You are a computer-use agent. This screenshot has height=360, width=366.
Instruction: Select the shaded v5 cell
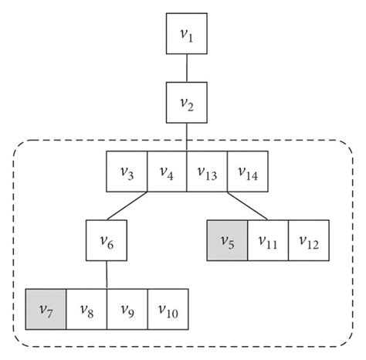click(227, 240)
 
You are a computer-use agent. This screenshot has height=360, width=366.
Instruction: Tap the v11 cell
click(267, 240)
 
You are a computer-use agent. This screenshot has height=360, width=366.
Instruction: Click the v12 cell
click(308, 240)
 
